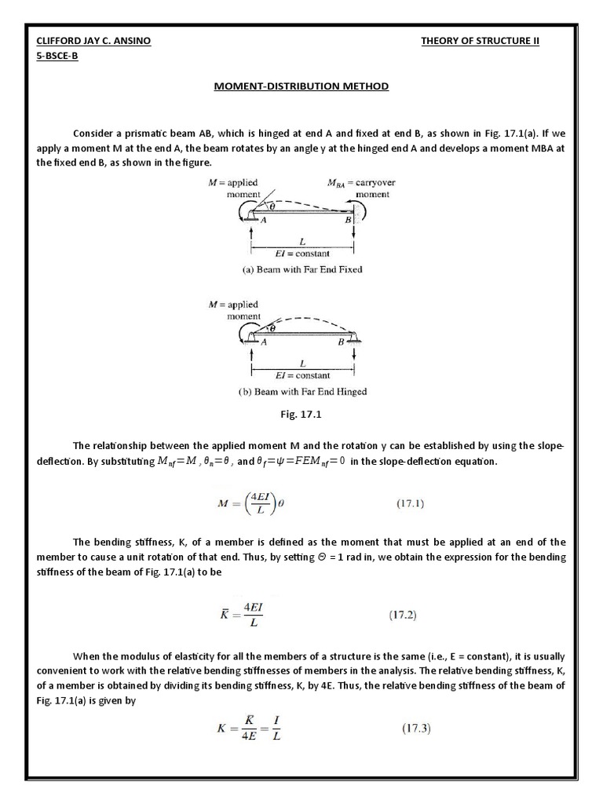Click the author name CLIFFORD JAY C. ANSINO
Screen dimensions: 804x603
(95, 41)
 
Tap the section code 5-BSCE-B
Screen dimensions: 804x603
(57, 57)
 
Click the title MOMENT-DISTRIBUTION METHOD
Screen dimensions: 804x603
(301, 86)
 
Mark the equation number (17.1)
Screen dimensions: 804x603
(408, 504)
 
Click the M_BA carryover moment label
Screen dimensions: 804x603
(361, 188)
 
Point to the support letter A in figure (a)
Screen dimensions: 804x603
(263, 221)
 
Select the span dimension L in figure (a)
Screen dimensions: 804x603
(302, 243)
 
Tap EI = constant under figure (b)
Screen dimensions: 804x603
(302, 375)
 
